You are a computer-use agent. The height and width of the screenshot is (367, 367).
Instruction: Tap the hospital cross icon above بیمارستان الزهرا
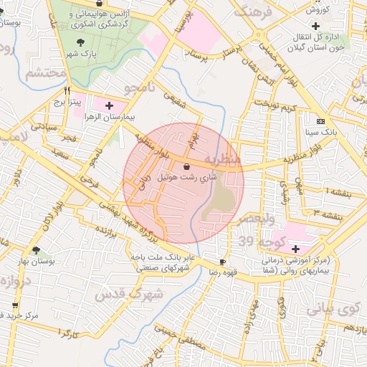click(x=109, y=105)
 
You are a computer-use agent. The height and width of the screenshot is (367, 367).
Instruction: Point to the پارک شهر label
click(x=80, y=54)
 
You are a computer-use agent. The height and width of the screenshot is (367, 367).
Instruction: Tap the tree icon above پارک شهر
click(x=80, y=42)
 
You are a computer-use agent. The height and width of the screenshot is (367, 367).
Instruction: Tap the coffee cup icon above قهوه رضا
click(x=222, y=262)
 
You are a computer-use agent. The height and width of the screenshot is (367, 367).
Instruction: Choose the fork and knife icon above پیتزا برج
click(x=67, y=91)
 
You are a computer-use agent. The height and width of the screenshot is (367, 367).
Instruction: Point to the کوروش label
click(x=316, y=10)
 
